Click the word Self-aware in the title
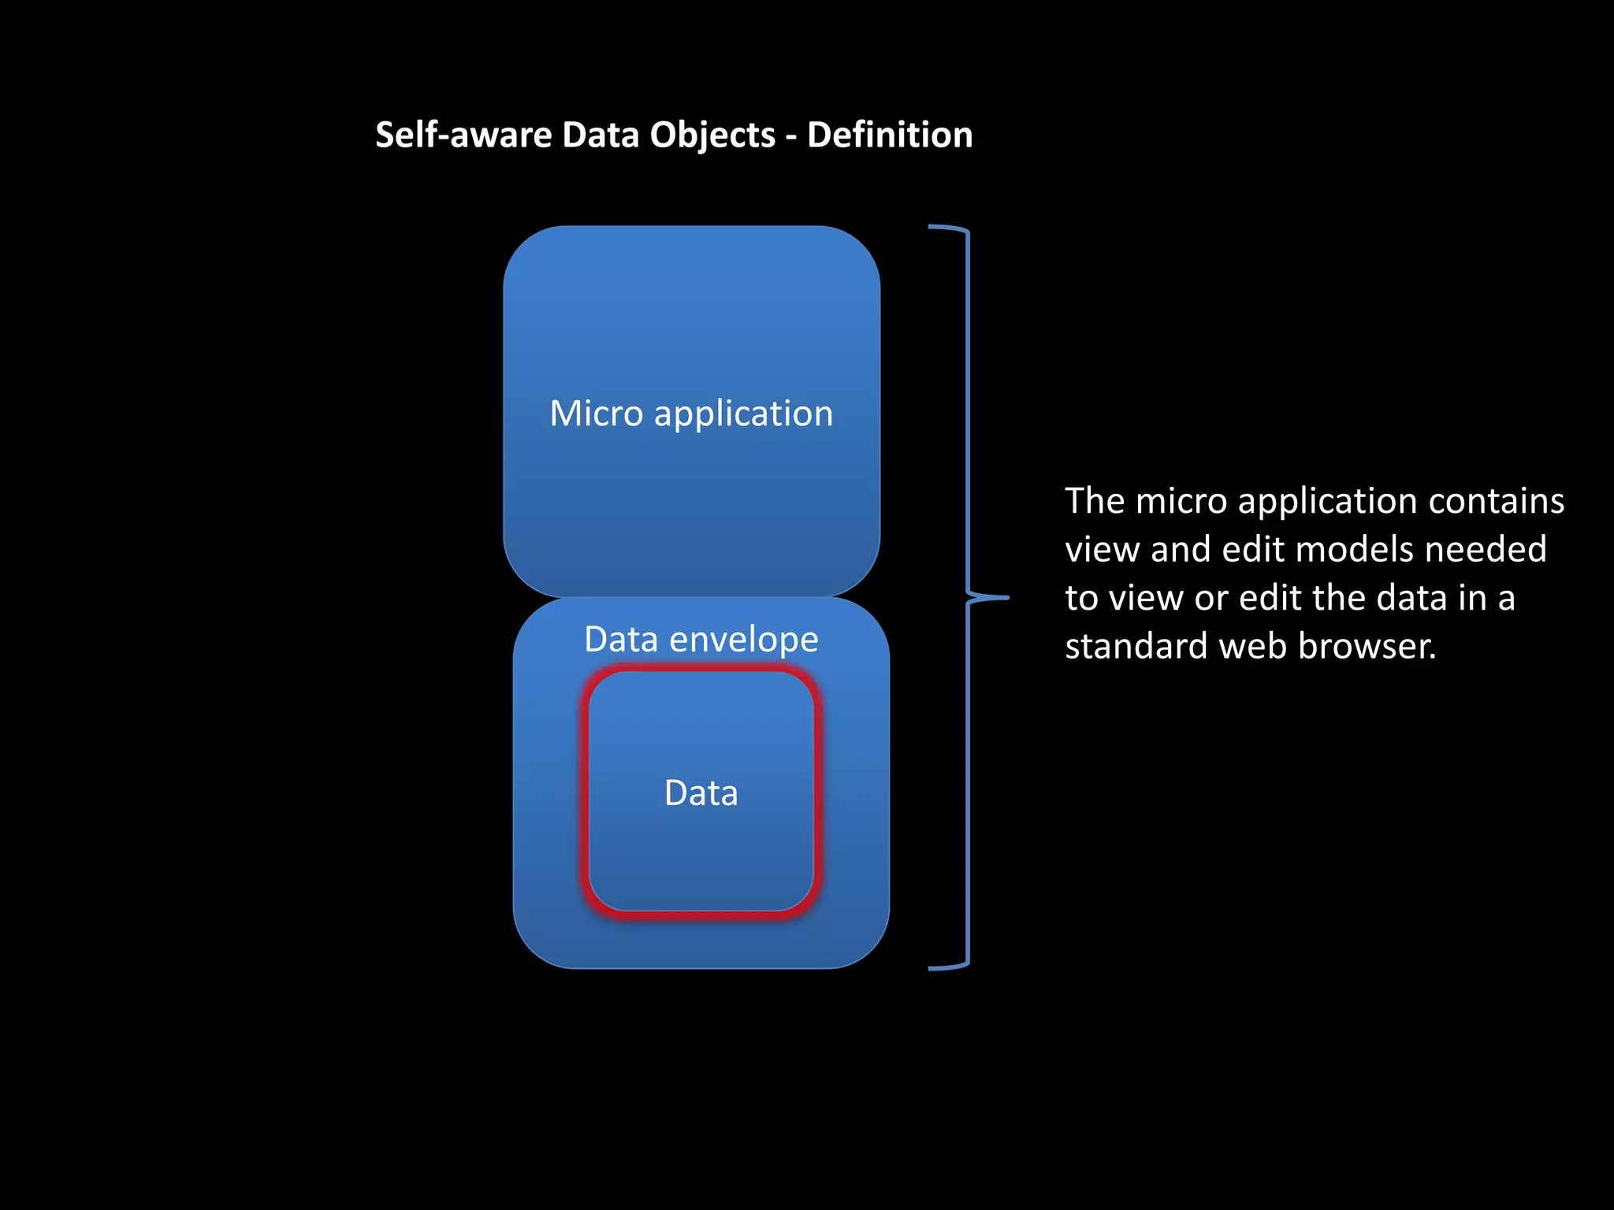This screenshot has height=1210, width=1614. [463, 135]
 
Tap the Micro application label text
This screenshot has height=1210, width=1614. [691, 414]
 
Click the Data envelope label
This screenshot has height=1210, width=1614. [701, 639]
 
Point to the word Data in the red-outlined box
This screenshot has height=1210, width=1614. [701, 792]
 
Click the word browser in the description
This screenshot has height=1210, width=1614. [1367, 646]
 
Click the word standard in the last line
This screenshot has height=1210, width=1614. [1136, 646]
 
